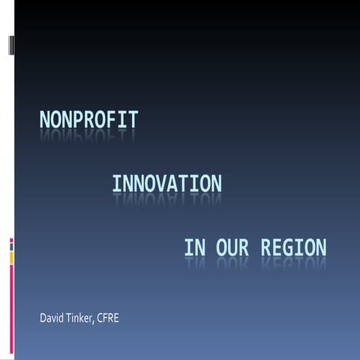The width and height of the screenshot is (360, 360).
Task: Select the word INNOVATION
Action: tap(166, 183)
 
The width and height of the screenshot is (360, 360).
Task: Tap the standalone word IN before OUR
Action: tap(194, 247)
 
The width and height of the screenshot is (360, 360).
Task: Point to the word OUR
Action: tap(232, 247)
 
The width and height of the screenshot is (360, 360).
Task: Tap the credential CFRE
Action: tap(109, 318)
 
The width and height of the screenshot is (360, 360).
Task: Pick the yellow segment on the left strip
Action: tap(11, 256)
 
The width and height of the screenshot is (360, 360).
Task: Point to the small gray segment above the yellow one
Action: tap(11, 246)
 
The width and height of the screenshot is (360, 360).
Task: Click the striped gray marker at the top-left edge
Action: tap(11, 45)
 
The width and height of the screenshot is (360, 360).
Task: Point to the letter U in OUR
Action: tap(232, 247)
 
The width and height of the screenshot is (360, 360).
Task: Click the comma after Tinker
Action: tap(94, 321)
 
